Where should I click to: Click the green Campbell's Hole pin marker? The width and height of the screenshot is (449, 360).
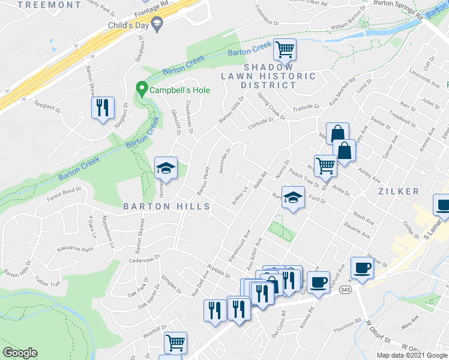[x=142, y=89]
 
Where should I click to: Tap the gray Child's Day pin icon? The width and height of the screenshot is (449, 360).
[x=158, y=25]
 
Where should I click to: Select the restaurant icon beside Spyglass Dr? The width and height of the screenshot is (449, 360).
[x=103, y=108]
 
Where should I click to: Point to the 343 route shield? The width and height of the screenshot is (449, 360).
[x=345, y=290]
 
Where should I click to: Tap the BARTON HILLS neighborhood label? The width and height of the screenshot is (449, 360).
[x=166, y=206]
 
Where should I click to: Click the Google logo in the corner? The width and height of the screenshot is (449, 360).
[x=20, y=353]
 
